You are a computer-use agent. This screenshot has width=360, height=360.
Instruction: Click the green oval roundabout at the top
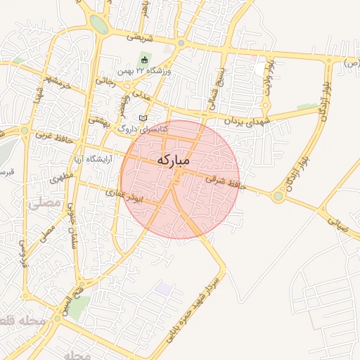click(x=99, y=25)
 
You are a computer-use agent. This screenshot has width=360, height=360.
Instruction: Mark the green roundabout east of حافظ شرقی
click(x=278, y=197)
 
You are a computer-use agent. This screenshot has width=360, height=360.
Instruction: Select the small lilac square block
click(x=165, y=289)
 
